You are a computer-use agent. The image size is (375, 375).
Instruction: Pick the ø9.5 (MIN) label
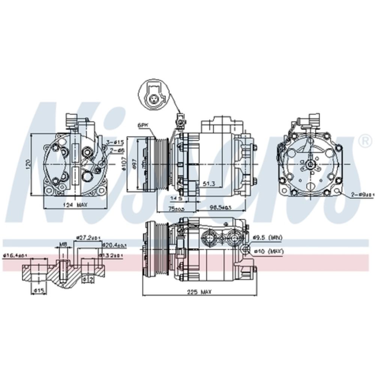pos(267,237)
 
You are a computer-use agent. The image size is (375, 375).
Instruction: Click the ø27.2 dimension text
pos(88,237)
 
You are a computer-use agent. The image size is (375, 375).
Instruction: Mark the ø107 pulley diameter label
pos(124,164)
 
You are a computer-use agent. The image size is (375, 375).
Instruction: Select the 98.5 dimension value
pos(219,207)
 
